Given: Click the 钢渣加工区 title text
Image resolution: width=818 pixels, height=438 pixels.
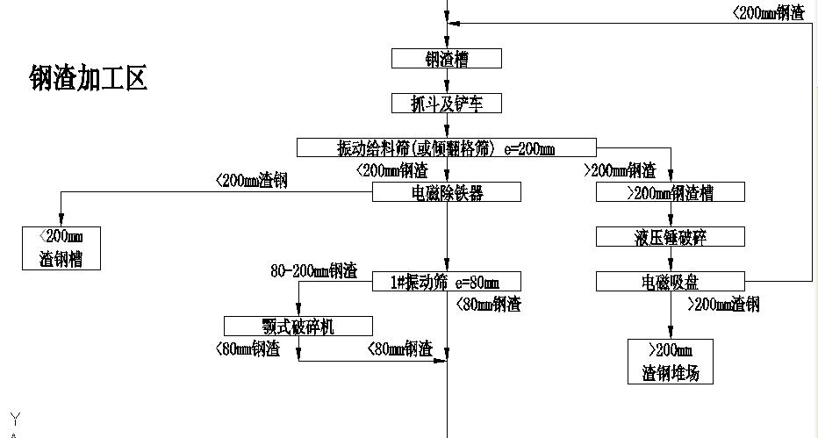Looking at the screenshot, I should (88, 79).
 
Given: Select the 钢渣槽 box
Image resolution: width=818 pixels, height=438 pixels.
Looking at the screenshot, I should (447, 59).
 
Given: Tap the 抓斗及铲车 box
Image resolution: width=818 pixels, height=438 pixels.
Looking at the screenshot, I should (447, 104).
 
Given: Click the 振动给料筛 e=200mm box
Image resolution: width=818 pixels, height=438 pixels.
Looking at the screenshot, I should (446, 147).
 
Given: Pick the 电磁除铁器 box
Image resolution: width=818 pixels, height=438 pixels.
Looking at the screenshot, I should (447, 192).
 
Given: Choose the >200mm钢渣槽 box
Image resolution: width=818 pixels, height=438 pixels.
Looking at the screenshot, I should (671, 192).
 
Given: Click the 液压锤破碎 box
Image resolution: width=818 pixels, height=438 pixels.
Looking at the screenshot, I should (671, 237).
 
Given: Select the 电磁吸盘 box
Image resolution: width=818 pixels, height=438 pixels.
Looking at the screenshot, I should (671, 282).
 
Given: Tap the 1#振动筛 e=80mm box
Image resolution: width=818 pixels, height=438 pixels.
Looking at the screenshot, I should (447, 282).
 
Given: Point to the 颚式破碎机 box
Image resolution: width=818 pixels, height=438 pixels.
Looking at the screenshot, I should (298, 327).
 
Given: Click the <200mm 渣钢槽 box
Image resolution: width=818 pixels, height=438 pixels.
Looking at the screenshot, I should (61, 248).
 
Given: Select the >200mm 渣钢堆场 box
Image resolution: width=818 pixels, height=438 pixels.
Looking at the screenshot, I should (671, 362).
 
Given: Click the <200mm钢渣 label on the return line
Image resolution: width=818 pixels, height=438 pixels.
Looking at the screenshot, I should (768, 12).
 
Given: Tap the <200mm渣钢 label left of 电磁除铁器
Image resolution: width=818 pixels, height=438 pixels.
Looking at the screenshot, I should (252, 181).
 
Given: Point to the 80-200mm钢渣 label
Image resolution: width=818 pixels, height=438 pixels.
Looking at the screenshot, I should (313, 271).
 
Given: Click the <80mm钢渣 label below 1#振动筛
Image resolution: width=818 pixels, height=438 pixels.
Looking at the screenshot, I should (488, 305).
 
